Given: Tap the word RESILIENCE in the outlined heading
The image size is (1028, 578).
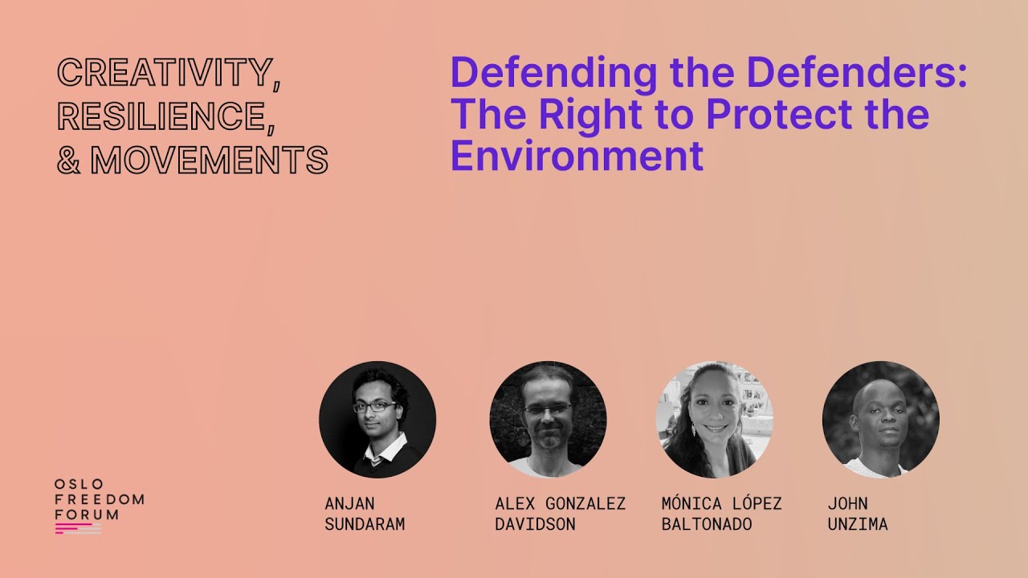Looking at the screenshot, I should point(161,116).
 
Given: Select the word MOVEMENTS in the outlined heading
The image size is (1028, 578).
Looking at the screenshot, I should point(210,160).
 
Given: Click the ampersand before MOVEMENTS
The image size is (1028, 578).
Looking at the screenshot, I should point(71,160).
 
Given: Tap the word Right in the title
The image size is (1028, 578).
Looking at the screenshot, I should point(581,114).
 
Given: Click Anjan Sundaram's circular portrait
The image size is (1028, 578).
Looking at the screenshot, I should point(377,419).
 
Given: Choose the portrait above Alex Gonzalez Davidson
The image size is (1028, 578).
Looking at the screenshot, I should point(548,419).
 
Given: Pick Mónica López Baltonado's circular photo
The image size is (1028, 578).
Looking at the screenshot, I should point(714,419).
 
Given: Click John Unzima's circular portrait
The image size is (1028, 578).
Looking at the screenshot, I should point(880,419).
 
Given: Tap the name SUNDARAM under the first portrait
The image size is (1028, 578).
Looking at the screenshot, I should point(365,525).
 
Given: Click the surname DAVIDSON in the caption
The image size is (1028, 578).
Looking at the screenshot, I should point(535,525).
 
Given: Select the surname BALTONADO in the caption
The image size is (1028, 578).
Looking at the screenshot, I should point(707,525).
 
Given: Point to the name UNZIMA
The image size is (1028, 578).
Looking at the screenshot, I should point(858,525).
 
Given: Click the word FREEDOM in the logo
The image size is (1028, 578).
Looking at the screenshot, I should point(100,499).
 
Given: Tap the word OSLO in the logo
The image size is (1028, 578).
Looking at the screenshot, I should point(79,484).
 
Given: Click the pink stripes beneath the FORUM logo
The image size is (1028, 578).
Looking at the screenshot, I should point(77,528).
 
